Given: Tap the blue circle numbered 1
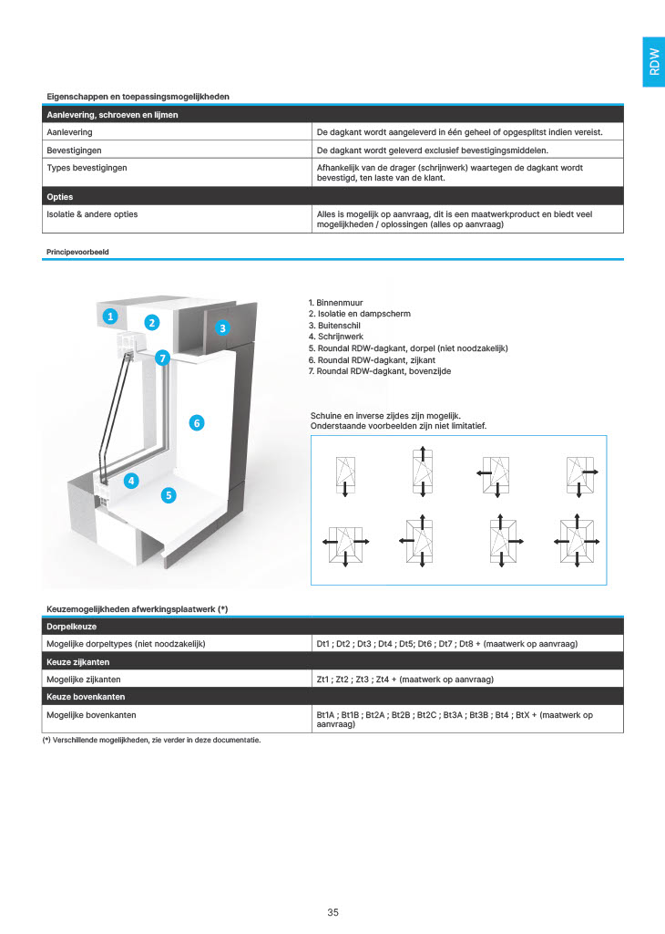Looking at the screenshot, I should [x=109, y=317].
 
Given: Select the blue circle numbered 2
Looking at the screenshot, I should [x=152, y=322].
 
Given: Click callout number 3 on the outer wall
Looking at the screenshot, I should [x=222, y=327].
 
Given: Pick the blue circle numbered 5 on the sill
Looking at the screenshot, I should [x=168, y=495].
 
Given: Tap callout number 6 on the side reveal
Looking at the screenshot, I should [x=195, y=422].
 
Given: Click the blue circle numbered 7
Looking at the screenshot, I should [x=163, y=358].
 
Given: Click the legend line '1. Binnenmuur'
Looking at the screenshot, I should [x=339, y=302].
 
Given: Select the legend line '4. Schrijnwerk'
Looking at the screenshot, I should [x=339, y=337].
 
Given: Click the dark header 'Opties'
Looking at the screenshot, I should [x=60, y=196].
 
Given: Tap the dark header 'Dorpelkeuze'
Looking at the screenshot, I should [x=72, y=627].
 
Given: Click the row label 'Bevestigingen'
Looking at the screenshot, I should [x=75, y=150].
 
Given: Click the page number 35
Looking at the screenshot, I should [x=332, y=912].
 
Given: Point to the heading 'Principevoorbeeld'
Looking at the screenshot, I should [x=77, y=251].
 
